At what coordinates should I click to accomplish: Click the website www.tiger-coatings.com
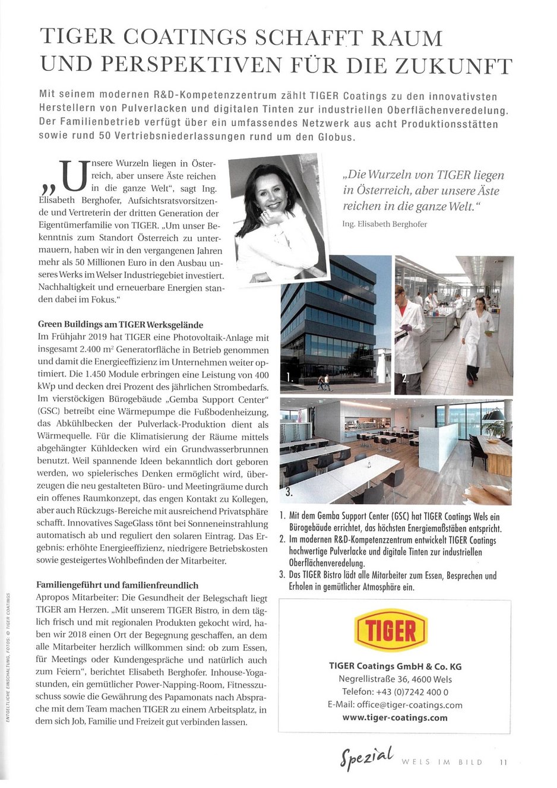click(395, 717)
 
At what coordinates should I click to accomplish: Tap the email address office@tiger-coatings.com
click(395, 705)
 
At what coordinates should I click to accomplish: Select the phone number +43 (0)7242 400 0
click(395, 692)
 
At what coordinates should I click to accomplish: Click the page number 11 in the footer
click(504, 762)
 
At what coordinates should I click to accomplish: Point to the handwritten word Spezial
click(366, 758)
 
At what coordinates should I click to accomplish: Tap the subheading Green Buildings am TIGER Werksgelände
click(121, 325)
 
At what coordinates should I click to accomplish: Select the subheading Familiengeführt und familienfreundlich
click(118, 585)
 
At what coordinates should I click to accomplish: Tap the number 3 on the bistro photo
click(289, 491)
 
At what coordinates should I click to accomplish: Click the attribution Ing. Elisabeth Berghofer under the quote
click(384, 224)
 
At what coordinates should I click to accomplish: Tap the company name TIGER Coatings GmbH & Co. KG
click(395, 666)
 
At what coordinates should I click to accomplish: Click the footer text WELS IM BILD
click(442, 762)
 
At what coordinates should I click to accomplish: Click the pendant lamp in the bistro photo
click(497, 414)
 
